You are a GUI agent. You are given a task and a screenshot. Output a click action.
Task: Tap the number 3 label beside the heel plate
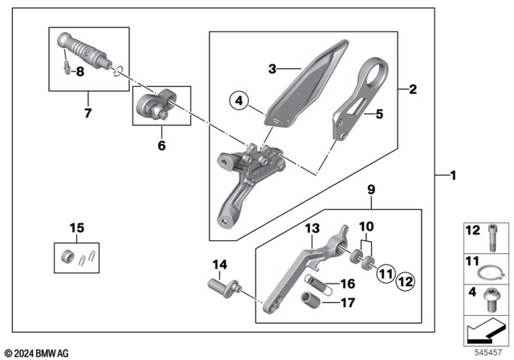tap(271, 70)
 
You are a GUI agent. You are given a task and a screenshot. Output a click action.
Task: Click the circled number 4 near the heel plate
tap(239, 101)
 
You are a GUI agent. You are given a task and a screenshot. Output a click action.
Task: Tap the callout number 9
tap(371, 190)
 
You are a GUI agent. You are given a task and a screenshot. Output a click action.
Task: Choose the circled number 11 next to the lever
tap(385, 273)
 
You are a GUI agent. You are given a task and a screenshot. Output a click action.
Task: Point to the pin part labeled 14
tap(222, 284)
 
